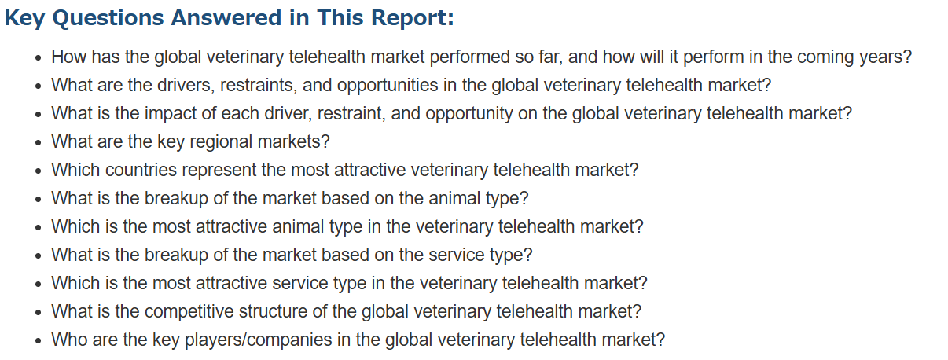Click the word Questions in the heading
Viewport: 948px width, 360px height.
(x=108, y=19)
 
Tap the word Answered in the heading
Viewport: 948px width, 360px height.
(x=226, y=18)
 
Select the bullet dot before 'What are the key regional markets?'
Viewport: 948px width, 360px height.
(x=39, y=143)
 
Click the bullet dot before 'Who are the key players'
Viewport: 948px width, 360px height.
(x=39, y=341)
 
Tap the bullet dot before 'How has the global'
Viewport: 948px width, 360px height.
(x=39, y=58)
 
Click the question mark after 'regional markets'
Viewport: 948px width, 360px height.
(x=325, y=141)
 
